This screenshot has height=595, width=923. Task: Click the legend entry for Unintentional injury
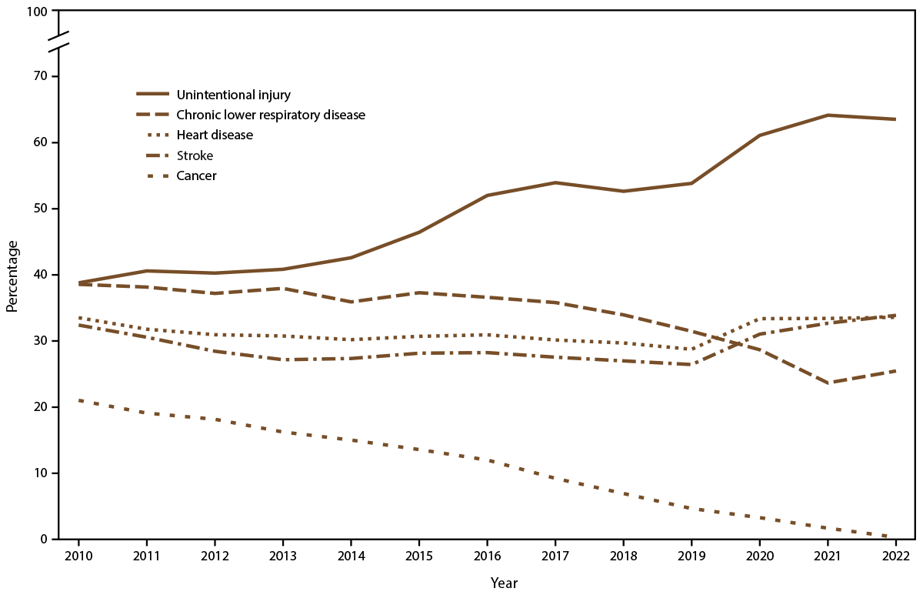click(233, 95)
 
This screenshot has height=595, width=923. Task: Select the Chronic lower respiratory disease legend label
click(270, 115)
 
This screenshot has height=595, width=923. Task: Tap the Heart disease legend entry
click(215, 135)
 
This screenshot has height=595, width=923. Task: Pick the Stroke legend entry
click(195, 155)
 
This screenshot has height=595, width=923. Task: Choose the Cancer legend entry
click(196, 175)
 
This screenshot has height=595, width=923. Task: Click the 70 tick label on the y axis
click(40, 76)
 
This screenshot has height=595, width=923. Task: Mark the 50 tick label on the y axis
click(40, 209)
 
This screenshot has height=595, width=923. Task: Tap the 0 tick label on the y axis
click(44, 539)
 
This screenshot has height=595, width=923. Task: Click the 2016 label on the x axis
click(486, 556)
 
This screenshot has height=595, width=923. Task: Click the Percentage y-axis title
click(12, 275)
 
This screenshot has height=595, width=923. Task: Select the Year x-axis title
click(504, 583)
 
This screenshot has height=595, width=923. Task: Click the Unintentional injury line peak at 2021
click(827, 115)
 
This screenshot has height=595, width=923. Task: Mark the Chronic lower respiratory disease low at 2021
click(827, 383)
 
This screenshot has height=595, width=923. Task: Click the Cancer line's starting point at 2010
click(78, 400)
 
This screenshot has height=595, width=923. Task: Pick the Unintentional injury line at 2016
click(486, 196)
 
